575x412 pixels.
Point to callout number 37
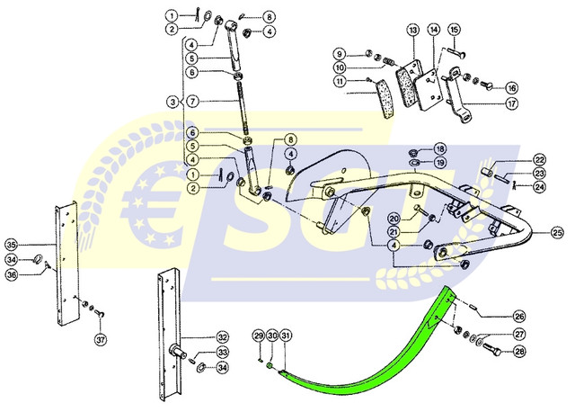click(101, 340)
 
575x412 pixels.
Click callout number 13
click(412, 30)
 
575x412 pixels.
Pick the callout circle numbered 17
click(511, 103)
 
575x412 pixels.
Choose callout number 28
click(519, 351)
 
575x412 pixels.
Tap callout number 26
click(519, 316)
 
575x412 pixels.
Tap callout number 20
click(394, 219)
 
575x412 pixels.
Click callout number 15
click(454, 30)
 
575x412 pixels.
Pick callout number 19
click(439, 163)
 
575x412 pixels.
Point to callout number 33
click(223, 352)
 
